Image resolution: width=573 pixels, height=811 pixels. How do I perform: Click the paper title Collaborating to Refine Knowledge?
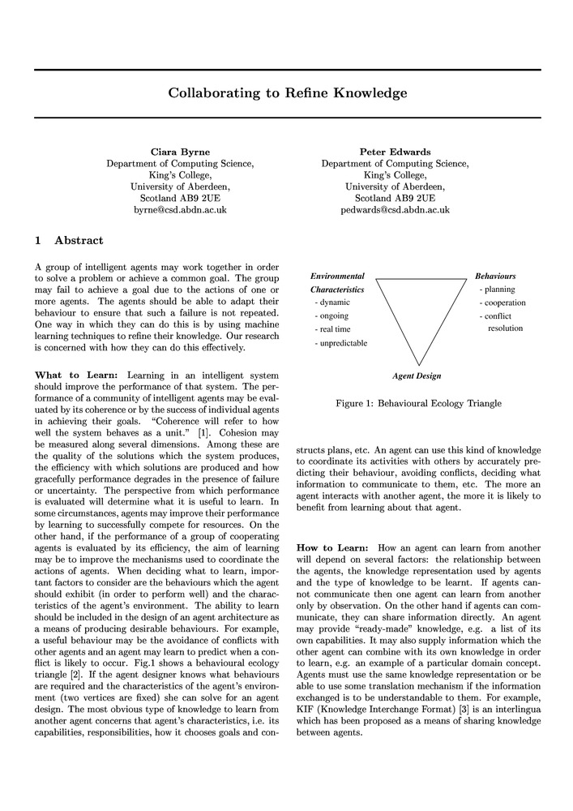[x=287, y=93]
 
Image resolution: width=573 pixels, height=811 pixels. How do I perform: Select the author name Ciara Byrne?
[x=180, y=152]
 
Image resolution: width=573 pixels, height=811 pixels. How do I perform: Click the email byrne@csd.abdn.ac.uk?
[x=180, y=209]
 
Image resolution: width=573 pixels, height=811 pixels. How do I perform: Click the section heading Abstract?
[x=79, y=240]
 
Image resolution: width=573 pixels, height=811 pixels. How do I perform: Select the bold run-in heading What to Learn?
[x=77, y=375]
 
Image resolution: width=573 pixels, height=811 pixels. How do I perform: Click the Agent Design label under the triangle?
[x=417, y=376]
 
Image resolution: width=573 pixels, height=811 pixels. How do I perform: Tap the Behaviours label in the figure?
[x=495, y=277]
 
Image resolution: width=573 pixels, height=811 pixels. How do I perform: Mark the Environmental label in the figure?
[x=337, y=277]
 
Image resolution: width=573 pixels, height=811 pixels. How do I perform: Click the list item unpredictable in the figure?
[x=343, y=343]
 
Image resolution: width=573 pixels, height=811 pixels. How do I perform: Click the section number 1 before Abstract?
[x=38, y=240]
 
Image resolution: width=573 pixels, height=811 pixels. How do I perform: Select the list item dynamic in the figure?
[x=333, y=303]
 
